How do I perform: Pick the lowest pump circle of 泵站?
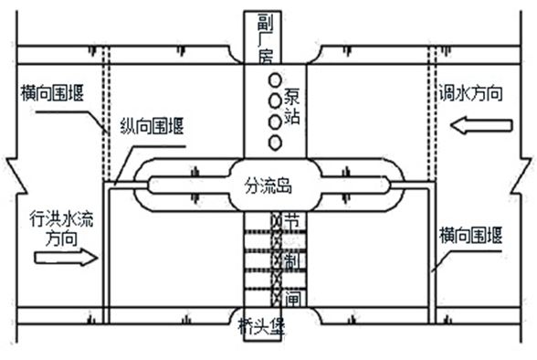point(272,142)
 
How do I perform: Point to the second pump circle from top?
point(272,100)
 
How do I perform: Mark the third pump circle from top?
point(272,121)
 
